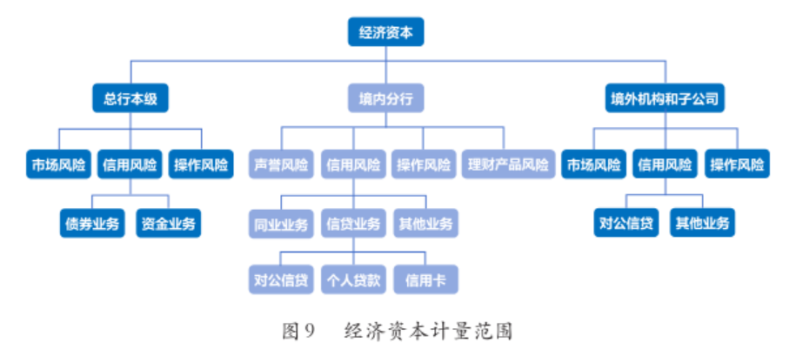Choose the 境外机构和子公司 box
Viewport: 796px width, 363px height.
(x=666, y=98)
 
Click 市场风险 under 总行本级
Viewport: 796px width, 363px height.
(x=58, y=164)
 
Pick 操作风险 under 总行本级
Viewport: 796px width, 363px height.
(x=201, y=164)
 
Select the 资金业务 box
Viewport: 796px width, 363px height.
(x=169, y=223)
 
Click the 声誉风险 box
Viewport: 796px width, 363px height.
(x=281, y=164)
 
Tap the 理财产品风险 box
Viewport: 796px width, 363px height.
(x=508, y=164)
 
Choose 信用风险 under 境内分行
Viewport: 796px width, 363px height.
(x=352, y=164)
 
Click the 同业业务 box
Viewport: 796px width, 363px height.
(x=281, y=224)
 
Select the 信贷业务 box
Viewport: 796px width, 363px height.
(x=352, y=224)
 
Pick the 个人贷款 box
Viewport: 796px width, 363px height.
(x=352, y=280)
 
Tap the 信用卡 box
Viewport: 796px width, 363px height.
(x=425, y=280)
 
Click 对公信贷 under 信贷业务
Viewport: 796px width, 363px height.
(x=281, y=280)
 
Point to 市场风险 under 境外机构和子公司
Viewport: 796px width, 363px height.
(x=594, y=164)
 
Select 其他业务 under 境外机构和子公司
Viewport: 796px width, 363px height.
(x=703, y=223)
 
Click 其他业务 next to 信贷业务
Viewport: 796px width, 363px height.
(x=426, y=224)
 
